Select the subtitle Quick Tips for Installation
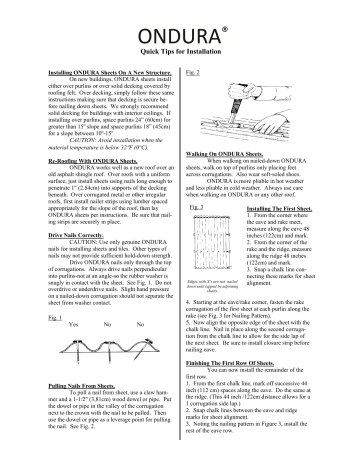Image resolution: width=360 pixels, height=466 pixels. [x=180, y=40]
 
